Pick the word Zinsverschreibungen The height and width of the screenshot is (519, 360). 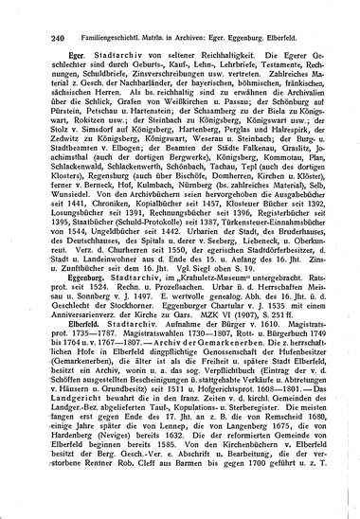[171, 74]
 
